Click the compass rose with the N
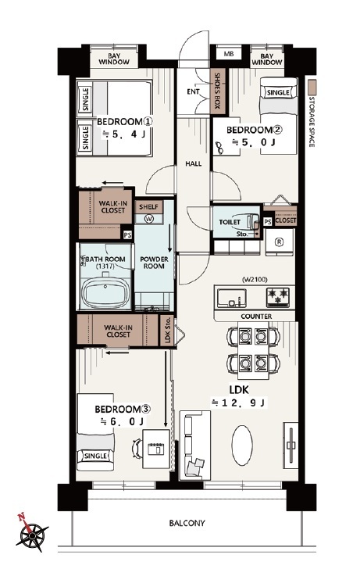(x=32, y=534)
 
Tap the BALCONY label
(x=187, y=523)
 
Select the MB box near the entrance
(x=228, y=54)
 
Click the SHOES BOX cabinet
(x=218, y=91)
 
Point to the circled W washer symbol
(x=148, y=219)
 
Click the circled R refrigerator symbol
(x=279, y=243)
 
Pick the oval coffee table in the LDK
(x=242, y=446)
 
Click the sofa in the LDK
(x=195, y=446)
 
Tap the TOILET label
(x=230, y=222)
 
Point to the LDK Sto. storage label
(x=167, y=330)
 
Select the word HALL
(x=193, y=164)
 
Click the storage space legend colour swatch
(x=312, y=88)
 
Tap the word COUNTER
(x=256, y=317)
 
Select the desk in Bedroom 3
(x=156, y=449)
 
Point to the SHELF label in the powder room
(x=148, y=207)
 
